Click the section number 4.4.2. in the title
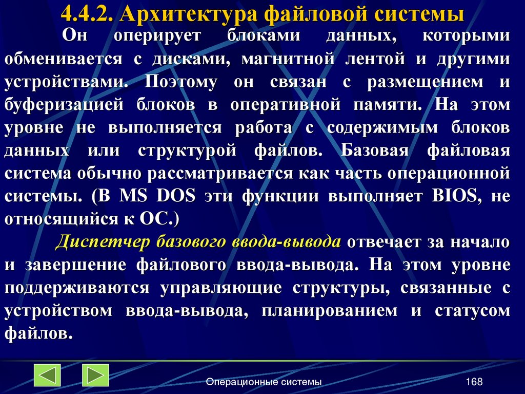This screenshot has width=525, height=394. [87, 13]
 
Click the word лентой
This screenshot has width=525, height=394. [377, 59]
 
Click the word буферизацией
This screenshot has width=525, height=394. [65, 105]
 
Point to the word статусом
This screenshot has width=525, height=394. [473, 311]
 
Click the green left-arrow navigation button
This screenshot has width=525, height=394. [47, 375]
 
